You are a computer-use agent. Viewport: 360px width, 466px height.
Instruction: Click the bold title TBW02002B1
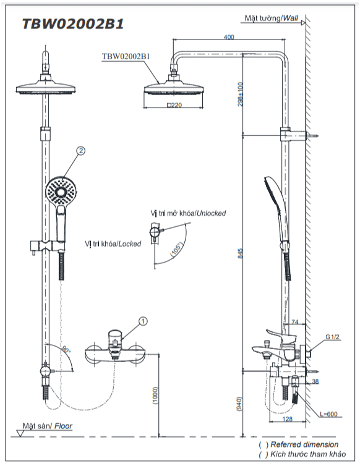click(73, 23)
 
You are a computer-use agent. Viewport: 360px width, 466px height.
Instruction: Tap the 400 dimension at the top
click(229, 37)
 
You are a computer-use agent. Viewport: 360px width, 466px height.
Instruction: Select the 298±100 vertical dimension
click(240, 94)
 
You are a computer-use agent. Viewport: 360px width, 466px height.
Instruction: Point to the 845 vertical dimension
click(240, 253)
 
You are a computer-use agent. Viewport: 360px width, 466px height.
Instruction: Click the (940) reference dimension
click(239, 404)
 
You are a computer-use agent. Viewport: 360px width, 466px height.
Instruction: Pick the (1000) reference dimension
click(155, 396)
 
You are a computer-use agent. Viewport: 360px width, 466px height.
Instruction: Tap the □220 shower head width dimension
click(174, 105)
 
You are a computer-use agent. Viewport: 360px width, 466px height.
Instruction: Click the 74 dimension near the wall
click(295, 322)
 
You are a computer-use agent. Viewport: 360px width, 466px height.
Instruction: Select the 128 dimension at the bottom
click(287, 419)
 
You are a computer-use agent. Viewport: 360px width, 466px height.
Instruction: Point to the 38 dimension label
click(315, 381)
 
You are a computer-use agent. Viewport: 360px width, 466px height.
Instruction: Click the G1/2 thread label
click(332, 337)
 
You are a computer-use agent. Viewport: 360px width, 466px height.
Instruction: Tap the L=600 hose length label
click(328, 414)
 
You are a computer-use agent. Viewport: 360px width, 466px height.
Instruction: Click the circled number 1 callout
click(143, 321)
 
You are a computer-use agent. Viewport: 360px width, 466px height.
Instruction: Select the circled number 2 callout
click(80, 151)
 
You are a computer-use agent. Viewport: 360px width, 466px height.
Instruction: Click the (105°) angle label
click(176, 250)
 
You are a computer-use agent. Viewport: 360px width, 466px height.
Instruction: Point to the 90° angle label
click(66, 350)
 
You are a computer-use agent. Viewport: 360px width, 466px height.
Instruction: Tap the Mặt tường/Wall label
click(272, 18)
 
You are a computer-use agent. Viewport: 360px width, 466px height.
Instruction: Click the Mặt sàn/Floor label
click(47, 426)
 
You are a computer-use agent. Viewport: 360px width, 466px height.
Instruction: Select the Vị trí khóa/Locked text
click(113, 244)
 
